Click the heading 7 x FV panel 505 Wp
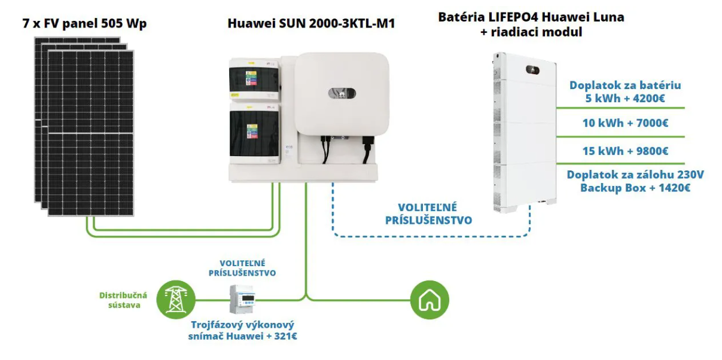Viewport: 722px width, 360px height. pyautogui.click(x=84, y=24)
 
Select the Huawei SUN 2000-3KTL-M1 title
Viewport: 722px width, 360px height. pyautogui.click(x=311, y=24)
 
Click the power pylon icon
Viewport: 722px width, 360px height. pyautogui.click(x=176, y=299)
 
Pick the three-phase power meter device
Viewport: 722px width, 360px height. pyautogui.click(x=243, y=299)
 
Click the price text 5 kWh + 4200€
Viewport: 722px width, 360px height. pyautogui.click(x=625, y=98)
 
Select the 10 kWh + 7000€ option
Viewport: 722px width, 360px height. pyautogui.click(x=625, y=123)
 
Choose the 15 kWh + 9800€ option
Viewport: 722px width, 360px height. pyautogui.click(x=625, y=151)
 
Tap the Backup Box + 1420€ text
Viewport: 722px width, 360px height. pyautogui.click(x=635, y=188)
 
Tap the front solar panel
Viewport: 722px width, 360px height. pyautogui.click(x=90, y=133)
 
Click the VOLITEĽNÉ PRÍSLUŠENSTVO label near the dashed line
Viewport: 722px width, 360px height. pyautogui.click(x=428, y=213)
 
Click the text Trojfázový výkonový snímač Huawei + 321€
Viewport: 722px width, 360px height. pyautogui.click(x=243, y=331)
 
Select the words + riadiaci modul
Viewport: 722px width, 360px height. pyautogui.click(x=531, y=33)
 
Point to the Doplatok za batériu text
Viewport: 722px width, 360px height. pyautogui.click(x=625, y=86)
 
